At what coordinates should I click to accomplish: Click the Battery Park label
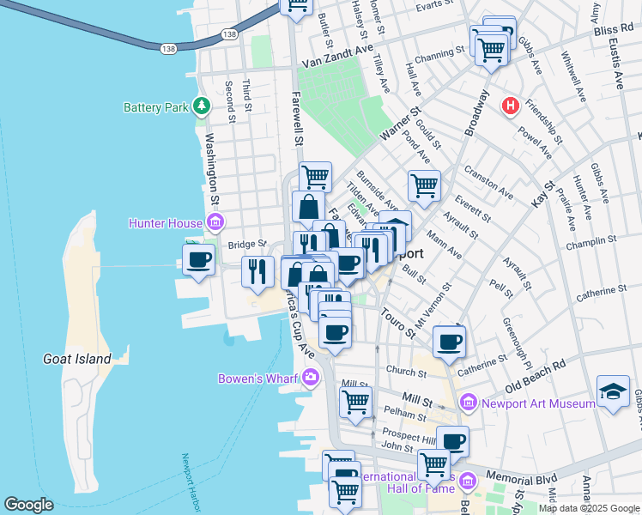click(x=155, y=107)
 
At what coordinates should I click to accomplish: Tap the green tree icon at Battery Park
click(x=202, y=106)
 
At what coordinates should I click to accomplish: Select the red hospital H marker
click(x=511, y=106)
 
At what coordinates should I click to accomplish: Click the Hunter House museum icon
click(x=215, y=224)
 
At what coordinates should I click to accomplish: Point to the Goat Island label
click(x=77, y=359)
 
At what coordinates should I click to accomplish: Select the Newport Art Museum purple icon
click(x=469, y=402)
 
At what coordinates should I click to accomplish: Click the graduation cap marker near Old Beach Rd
click(x=613, y=392)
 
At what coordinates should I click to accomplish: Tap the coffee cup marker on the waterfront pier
click(x=198, y=260)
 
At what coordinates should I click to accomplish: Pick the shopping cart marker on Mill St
click(x=355, y=401)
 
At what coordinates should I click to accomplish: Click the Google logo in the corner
click(x=28, y=505)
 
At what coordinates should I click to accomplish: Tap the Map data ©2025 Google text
click(x=589, y=508)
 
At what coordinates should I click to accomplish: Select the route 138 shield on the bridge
click(x=168, y=50)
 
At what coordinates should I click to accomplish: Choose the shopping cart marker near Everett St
click(x=424, y=185)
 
